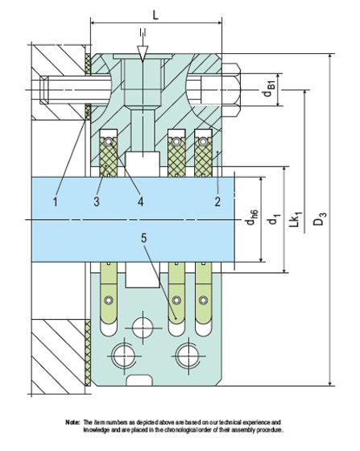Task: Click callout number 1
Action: [56, 201]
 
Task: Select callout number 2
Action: [217, 201]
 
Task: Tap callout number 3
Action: [96, 201]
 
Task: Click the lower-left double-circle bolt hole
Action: [124, 354]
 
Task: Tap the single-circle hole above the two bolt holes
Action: [143, 326]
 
